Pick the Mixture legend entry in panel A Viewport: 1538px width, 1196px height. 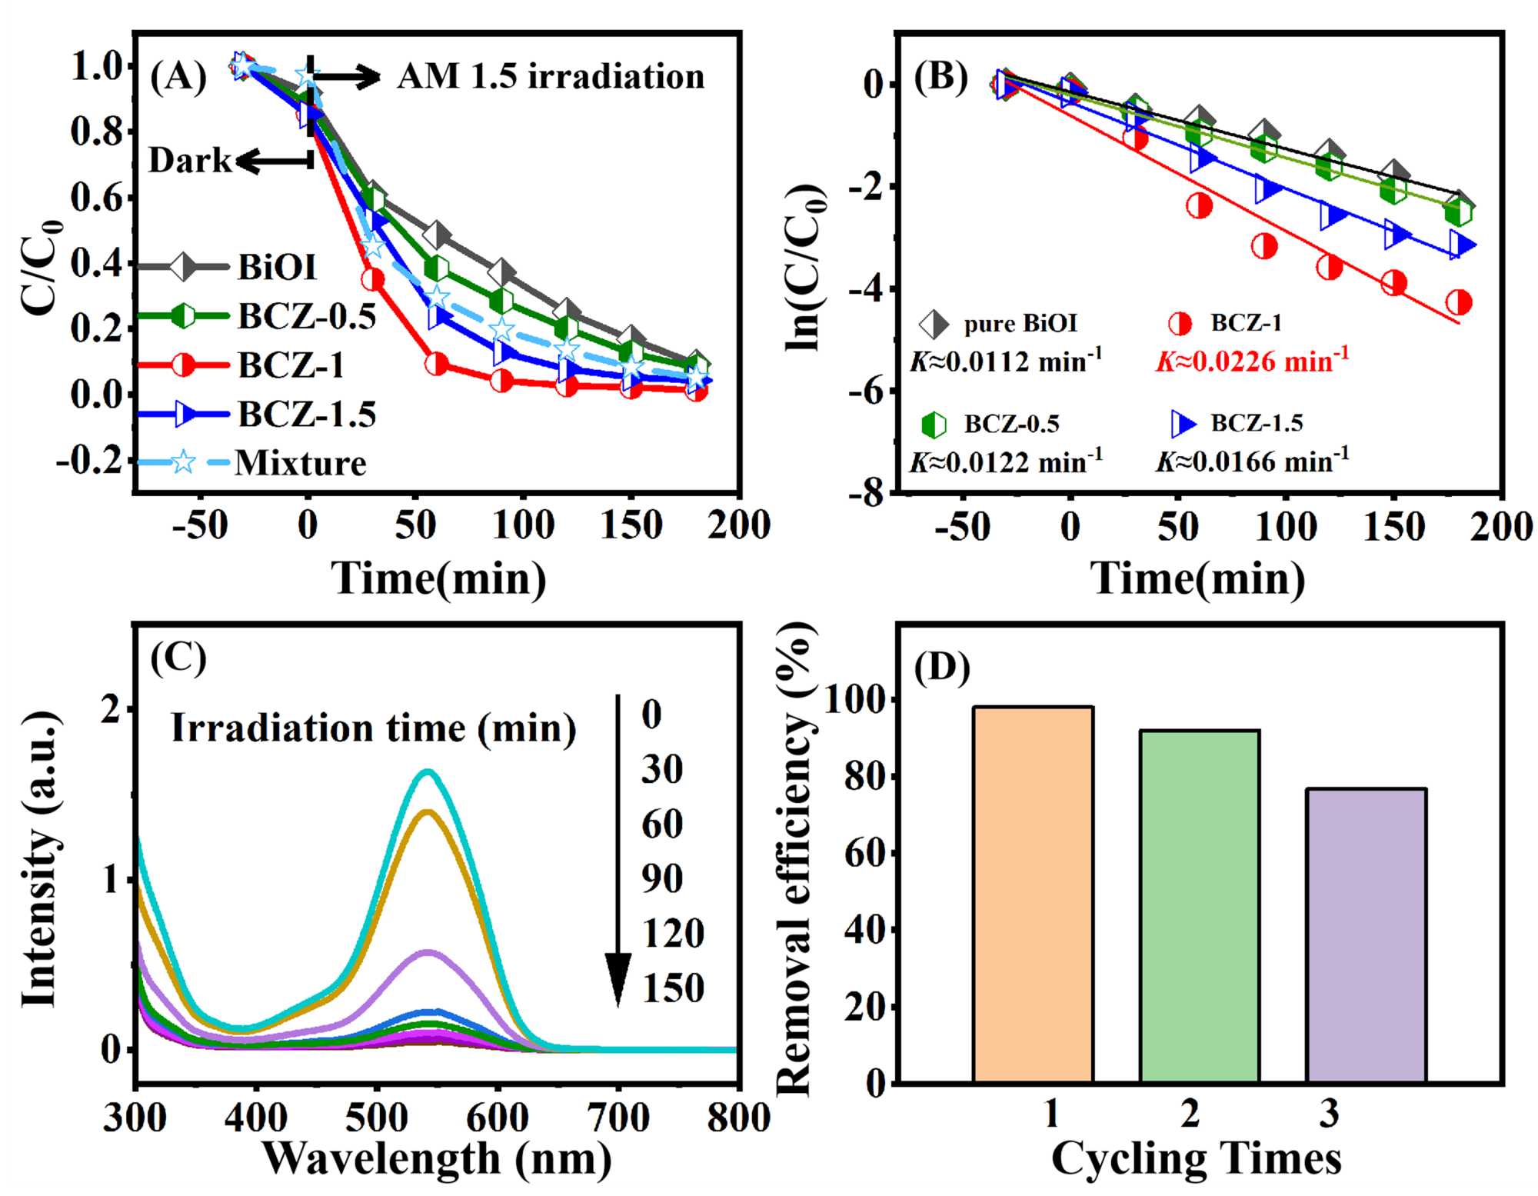tap(300, 463)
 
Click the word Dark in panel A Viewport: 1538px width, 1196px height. tap(189, 161)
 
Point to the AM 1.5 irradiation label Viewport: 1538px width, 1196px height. tap(551, 77)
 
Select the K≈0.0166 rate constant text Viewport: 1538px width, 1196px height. tap(1252, 461)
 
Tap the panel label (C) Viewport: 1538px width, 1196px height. tap(178, 658)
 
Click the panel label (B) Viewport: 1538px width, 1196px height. tap(940, 78)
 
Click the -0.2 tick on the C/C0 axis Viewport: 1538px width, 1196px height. tap(89, 460)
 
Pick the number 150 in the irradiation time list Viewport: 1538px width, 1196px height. tap(673, 988)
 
